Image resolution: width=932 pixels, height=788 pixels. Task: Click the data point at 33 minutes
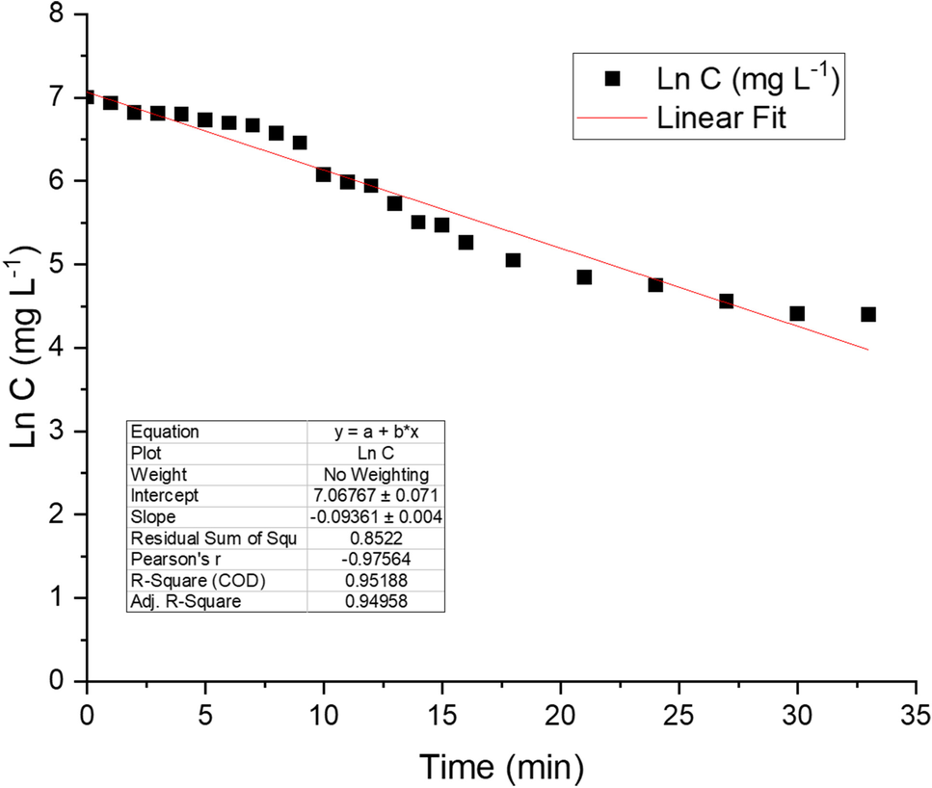868,314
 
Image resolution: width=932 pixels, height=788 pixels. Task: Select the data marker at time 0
88,97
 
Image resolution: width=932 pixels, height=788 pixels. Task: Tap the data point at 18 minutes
513,260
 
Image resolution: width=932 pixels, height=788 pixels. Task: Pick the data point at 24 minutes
655,284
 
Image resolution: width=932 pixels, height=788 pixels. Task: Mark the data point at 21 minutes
584,276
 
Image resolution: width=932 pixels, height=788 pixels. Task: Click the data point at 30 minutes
797,313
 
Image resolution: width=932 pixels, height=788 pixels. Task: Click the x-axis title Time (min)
500,765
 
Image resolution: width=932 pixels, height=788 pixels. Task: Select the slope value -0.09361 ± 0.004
376,515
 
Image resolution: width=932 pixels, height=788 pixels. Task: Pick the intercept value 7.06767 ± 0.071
376,495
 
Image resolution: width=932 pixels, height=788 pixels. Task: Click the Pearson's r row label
166,559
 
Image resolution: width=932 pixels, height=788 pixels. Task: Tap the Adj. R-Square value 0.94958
376,601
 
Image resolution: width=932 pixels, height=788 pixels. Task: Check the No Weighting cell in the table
376,474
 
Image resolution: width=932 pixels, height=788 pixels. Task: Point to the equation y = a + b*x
376,432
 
